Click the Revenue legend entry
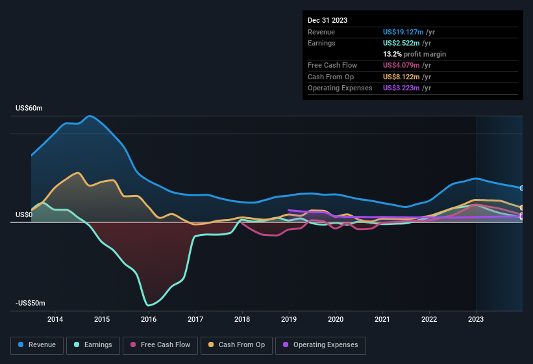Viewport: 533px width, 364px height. [x=38, y=344]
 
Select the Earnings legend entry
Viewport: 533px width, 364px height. [x=93, y=344]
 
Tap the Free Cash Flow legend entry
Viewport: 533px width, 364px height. [x=161, y=344]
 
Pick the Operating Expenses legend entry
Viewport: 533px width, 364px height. [x=321, y=344]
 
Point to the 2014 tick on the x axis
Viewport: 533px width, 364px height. [x=55, y=319]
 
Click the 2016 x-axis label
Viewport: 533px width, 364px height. [x=149, y=319]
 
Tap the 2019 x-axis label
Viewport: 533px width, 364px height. [x=289, y=319]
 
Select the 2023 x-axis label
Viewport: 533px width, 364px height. [x=476, y=319]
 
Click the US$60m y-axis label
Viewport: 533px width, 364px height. [x=29, y=109]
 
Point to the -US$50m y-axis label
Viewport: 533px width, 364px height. [x=31, y=304]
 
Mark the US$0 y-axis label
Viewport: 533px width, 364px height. [x=24, y=214]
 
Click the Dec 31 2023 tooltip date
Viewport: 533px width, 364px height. [x=327, y=20]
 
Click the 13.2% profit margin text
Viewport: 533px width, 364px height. [x=414, y=54]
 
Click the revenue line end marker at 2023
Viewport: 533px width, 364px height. [x=522, y=188]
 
